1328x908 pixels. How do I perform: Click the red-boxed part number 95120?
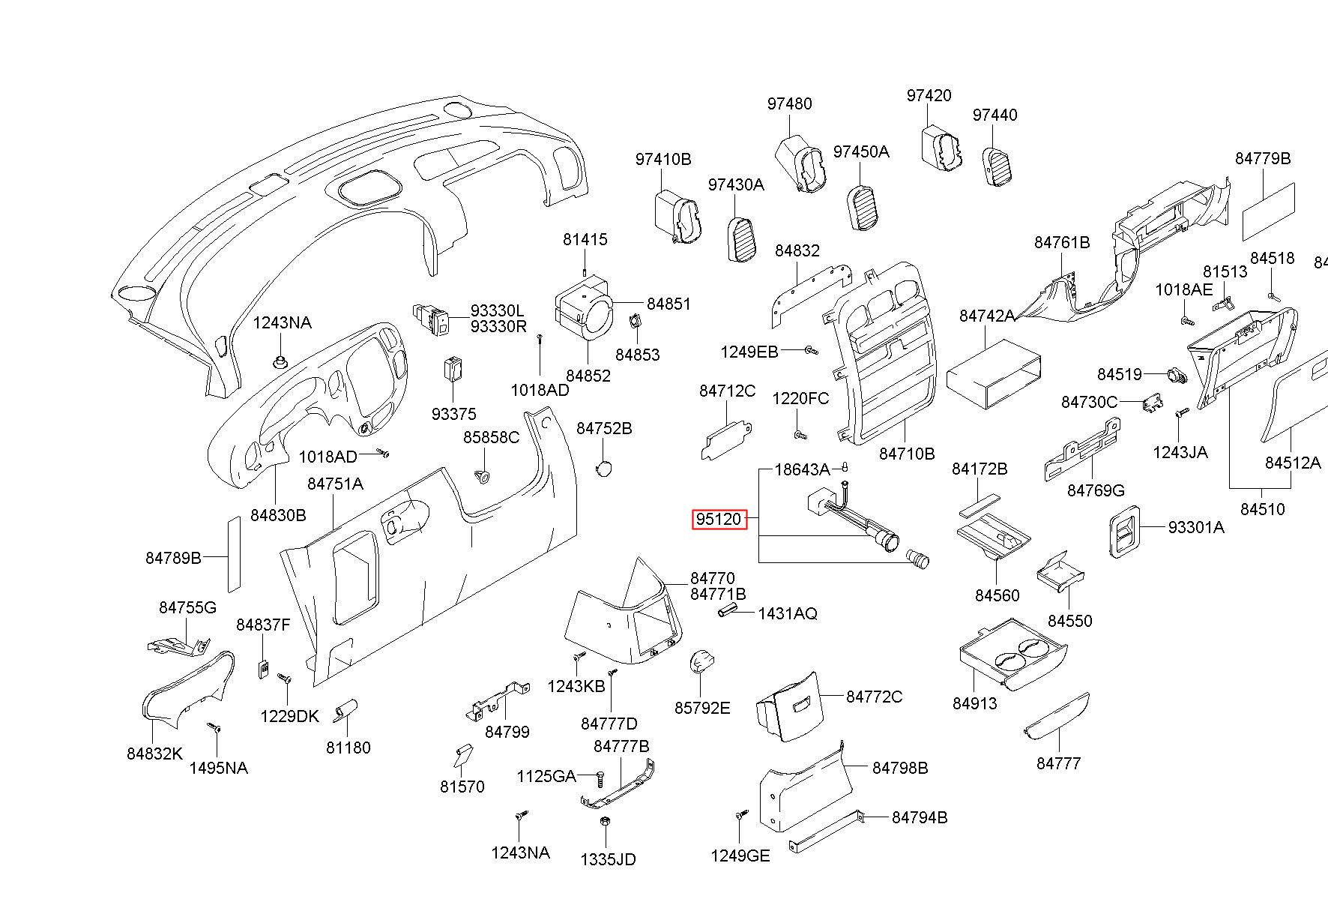coord(719,519)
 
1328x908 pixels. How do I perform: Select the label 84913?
coord(975,703)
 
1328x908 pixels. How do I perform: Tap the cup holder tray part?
coord(1012,653)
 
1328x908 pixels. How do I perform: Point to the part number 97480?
coord(789,103)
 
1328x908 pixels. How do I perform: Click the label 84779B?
coord(1263,158)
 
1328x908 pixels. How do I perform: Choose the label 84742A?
coord(987,316)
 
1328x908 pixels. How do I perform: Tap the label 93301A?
coord(1196,527)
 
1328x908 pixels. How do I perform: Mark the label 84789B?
coord(173,557)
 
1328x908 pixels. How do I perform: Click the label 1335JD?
coord(608,859)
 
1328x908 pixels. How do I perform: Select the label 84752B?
coord(604,428)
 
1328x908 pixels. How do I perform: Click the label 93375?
coord(453,414)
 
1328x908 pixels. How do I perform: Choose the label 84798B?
coord(900,768)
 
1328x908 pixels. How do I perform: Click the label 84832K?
coord(154,754)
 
